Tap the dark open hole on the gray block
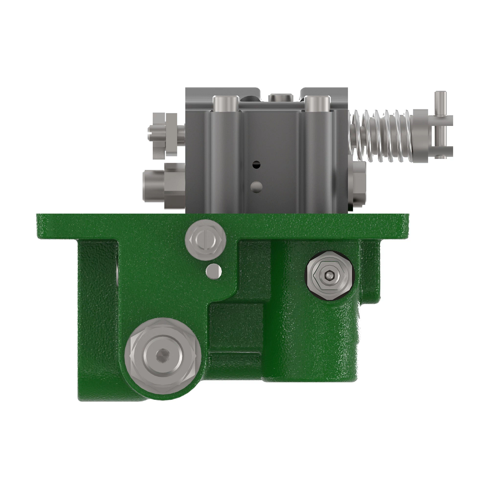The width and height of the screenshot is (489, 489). pyautogui.click(x=256, y=165)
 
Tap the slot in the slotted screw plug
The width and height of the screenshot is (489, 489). pyautogui.click(x=205, y=239)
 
